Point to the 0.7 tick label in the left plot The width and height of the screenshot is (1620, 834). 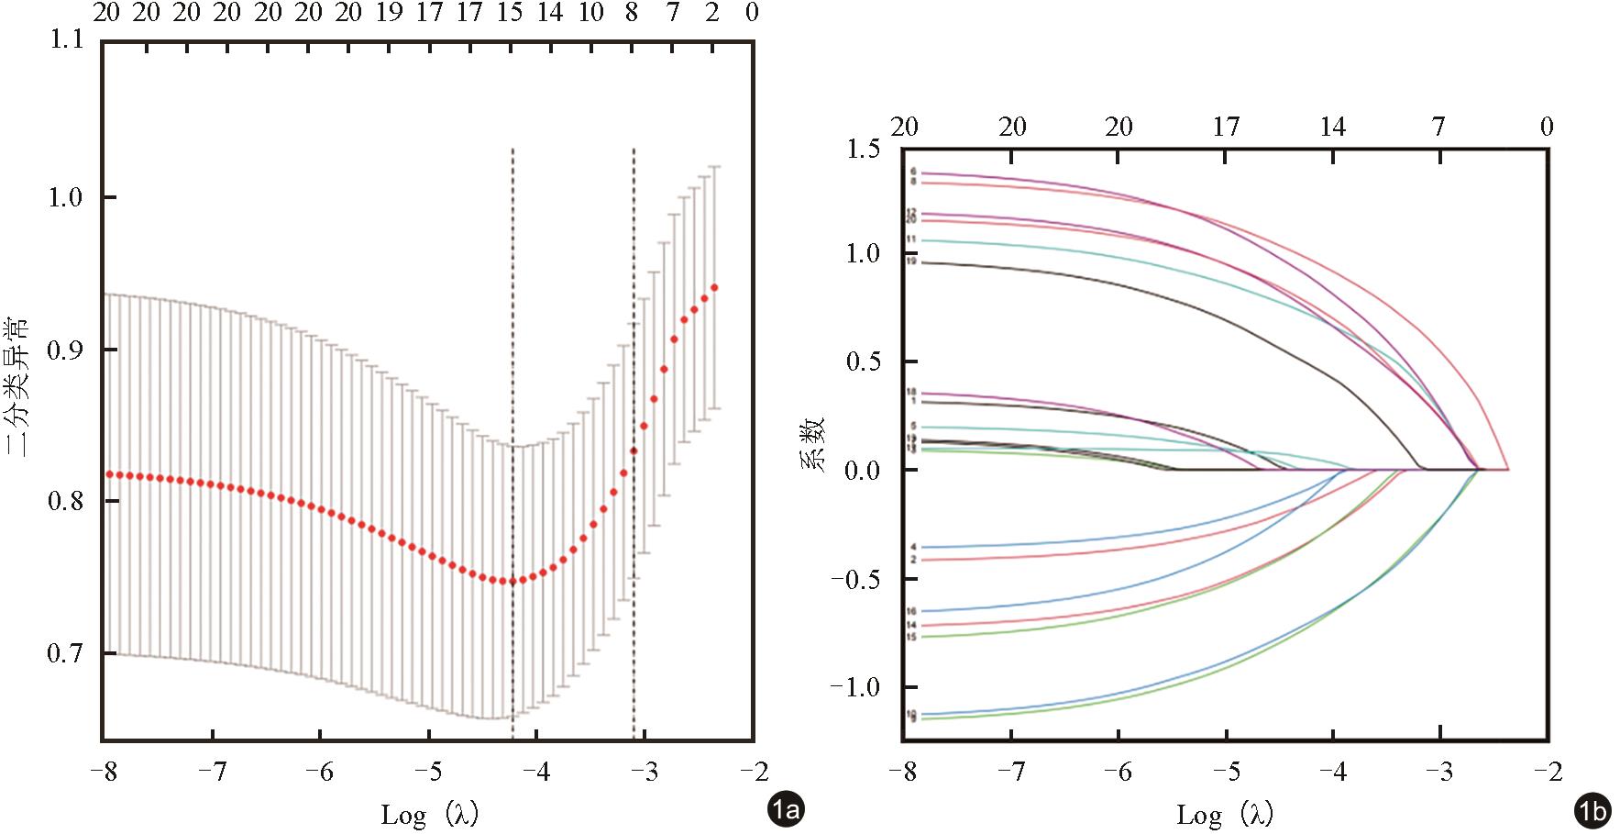click(x=65, y=653)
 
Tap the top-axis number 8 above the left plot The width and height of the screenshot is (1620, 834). click(x=631, y=13)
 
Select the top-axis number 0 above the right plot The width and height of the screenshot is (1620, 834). click(x=1547, y=127)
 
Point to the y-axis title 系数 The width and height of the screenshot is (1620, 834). click(x=814, y=443)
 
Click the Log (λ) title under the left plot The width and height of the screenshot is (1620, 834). click(x=429, y=813)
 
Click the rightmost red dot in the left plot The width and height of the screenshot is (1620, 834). click(x=714, y=288)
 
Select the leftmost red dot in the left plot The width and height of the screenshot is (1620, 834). click(x=109, y=474)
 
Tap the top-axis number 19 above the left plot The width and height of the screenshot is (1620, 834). click(x=390, y=13)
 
